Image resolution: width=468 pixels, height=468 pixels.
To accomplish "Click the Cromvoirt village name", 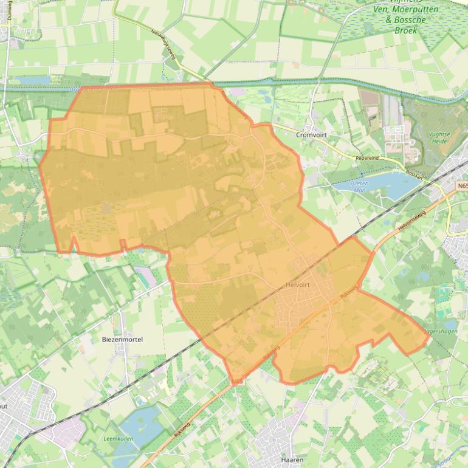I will [312, 135].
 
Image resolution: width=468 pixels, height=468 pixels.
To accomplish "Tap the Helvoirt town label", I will [298, 284].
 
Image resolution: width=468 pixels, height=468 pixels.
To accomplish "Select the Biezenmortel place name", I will [122, 339].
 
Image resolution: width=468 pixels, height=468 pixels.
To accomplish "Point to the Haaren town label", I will [292, 460].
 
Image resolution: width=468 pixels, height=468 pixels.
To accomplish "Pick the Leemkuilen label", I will [119, 438].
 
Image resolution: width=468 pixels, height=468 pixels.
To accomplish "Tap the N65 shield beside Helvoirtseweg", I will [463, 185].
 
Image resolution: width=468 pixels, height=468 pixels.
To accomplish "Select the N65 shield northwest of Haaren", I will [238, 382].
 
